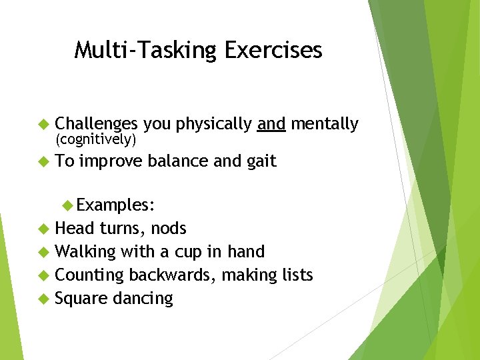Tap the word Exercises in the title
[273, 50]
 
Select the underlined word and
[271, 124]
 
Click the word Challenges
[97, 124]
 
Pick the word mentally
[325, 124]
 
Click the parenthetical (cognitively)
[96, 140]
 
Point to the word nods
[169, 229]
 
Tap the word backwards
[169, 275]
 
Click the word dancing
[143, 299]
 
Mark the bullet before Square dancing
[44, 299]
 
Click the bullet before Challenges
[44, 124]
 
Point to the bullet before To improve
[44, 161]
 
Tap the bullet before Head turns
[44, 229]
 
